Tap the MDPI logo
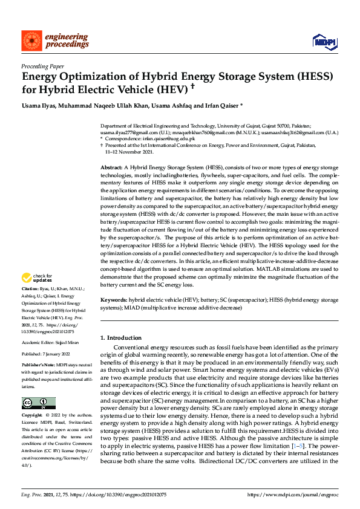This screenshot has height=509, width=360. (324, 41)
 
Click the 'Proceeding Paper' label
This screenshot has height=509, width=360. (42, 66)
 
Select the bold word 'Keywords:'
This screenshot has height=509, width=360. (113, 300)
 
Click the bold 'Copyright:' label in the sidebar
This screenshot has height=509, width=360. (32, 399)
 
